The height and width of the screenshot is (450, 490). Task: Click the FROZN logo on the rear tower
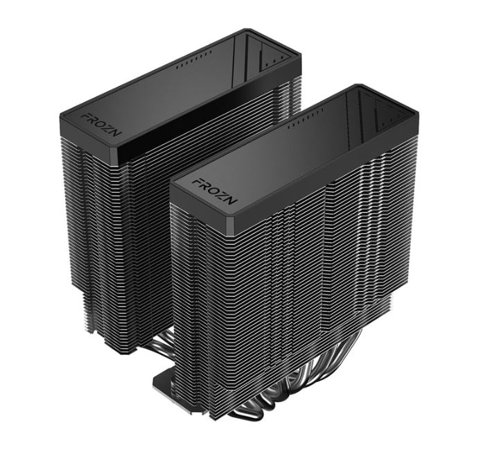click(x=101, y=126)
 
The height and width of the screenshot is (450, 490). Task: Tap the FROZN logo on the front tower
click(x=214, y=191)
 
